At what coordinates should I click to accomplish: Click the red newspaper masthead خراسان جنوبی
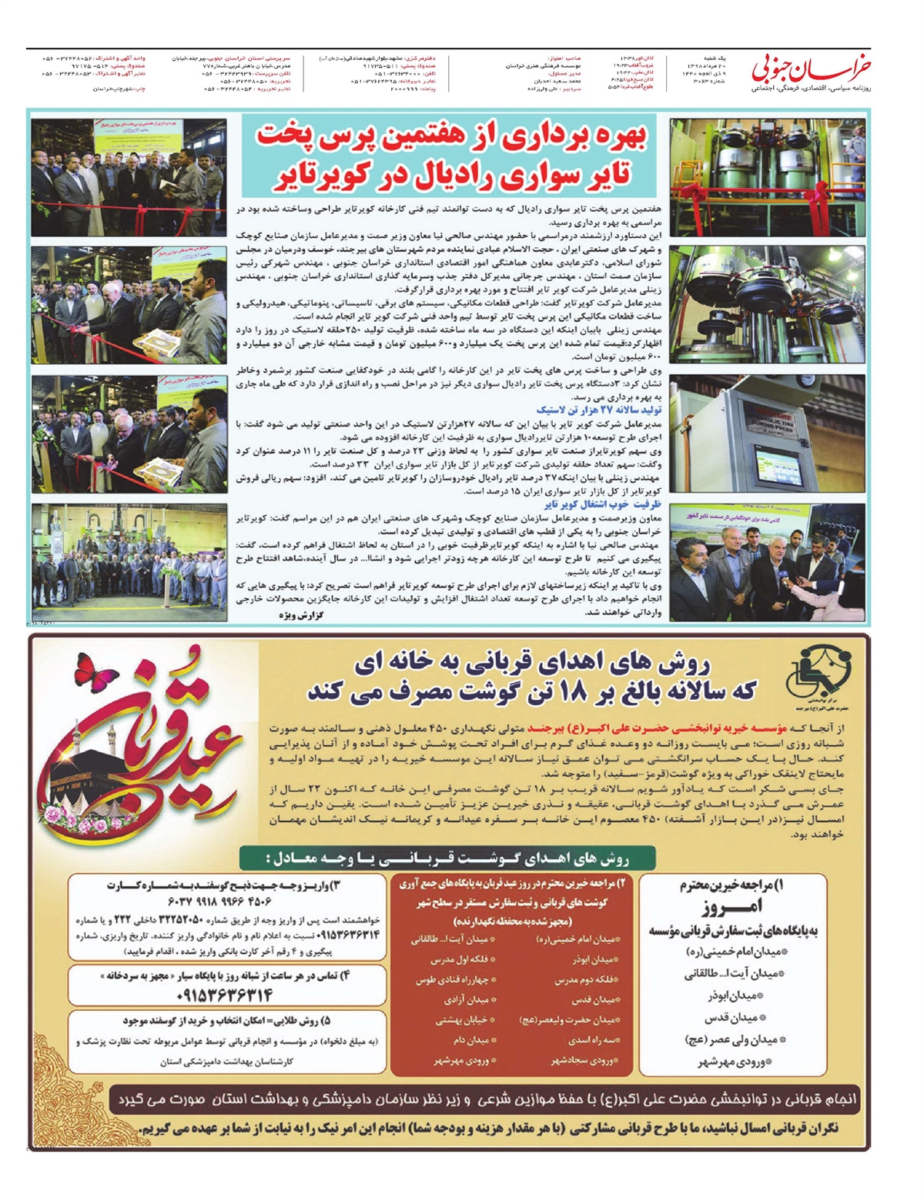(x=812, y=69)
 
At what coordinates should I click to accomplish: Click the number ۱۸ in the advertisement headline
(x=568, y=691)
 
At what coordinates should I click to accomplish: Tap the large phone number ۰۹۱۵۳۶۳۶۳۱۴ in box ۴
(x=225, y=995)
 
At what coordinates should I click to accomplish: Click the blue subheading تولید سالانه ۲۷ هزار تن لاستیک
(x=598, y=410)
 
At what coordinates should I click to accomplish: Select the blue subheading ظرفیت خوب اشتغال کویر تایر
(x=603, y=504)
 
